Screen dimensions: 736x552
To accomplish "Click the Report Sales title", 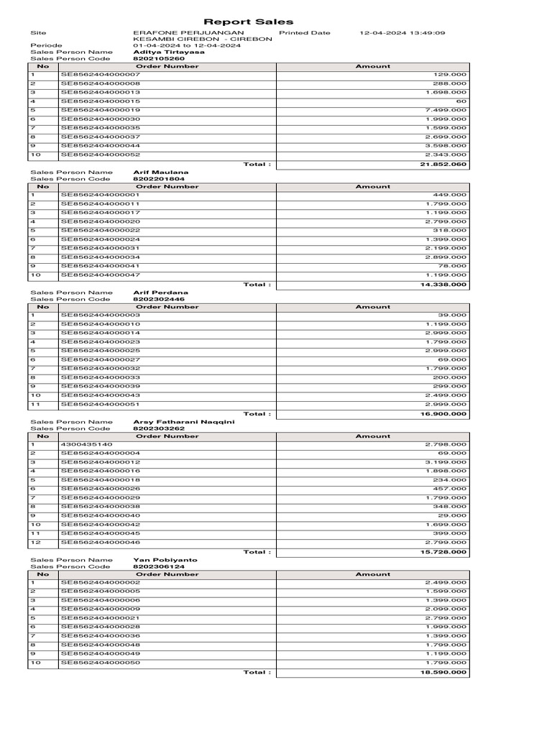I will [x=248, y=22].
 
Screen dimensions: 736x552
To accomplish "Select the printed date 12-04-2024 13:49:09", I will [x=402, y=33].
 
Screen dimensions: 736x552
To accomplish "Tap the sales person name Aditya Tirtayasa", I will [x=169, y=52].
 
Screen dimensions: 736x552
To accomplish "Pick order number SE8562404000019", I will [x=101, y=110].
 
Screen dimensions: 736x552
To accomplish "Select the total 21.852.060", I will [x=443, y=165].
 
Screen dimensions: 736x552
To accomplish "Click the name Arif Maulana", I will [x=161, y=172].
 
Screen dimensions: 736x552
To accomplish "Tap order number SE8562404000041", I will [x=101, y=266].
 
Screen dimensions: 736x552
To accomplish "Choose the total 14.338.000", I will [x=443, y=285].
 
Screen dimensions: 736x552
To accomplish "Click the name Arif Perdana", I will [x=161, y=293].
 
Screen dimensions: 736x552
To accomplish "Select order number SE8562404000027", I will [x=101, y=359].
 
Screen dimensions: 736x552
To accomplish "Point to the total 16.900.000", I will [x=443, y=414].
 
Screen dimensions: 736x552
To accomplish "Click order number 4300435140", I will [x=86, y=445].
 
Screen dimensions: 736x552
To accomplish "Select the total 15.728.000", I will [x=443, y=552].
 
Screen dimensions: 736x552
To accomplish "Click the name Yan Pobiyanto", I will [x=165, y=560].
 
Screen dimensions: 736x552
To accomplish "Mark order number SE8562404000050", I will [x=101, y=663].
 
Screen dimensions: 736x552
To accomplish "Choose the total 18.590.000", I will [x=443, y=673].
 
